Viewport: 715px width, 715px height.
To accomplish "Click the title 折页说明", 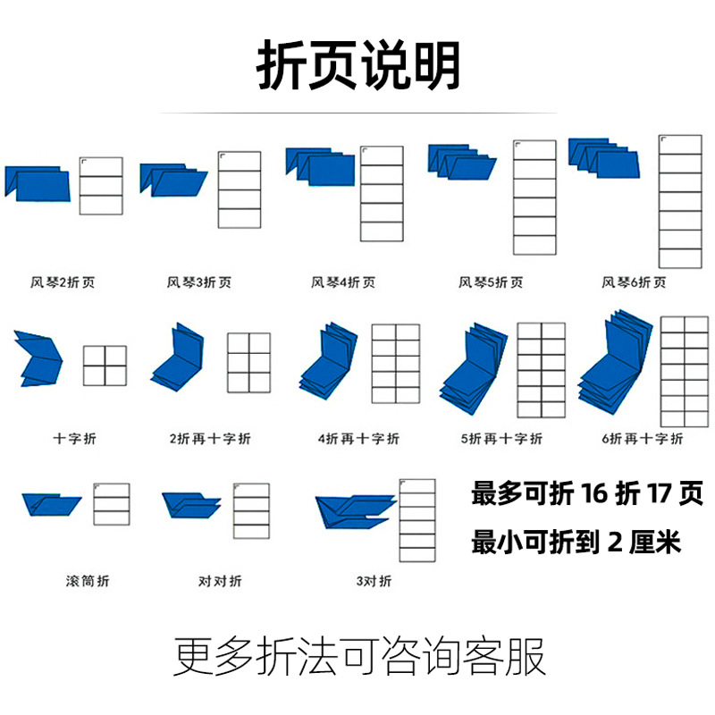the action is [x=357, y=67].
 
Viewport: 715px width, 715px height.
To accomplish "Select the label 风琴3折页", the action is [x=198, y=283].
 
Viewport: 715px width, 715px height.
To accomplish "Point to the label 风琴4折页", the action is [x=342, y=283].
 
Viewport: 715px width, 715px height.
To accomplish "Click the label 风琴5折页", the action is [x=490, y=283].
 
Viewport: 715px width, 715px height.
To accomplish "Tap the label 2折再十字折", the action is [x=210, y=439].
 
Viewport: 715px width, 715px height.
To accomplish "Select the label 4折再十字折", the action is [x=357, y=439].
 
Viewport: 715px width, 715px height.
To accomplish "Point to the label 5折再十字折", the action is [x=500, y=439].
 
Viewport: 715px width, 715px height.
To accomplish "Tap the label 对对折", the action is [x=220, y=582].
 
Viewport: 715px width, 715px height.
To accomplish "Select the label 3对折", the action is [x=374, y=582].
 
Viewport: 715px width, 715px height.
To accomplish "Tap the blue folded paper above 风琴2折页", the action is [x=37, y=181].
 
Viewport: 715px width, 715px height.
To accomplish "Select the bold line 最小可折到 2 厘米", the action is [x=576, y=542].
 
